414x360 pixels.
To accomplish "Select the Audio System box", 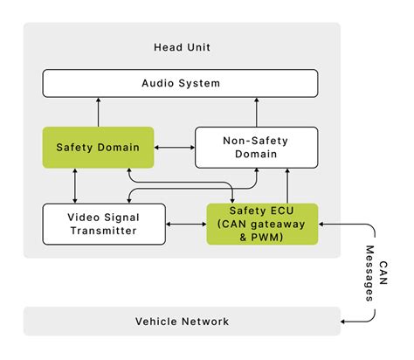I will click(181, 84).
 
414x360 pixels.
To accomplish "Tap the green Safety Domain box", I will click(98, 147).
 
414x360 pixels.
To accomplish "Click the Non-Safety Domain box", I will click(256, 147).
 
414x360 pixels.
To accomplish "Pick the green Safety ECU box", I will click(262, 224).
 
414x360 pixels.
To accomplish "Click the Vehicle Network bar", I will click(182, 322).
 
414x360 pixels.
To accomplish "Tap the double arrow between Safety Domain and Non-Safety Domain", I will click(174, 147).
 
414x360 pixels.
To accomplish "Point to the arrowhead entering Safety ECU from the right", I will click(324, 225).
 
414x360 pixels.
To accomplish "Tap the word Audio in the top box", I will click(158, 84).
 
